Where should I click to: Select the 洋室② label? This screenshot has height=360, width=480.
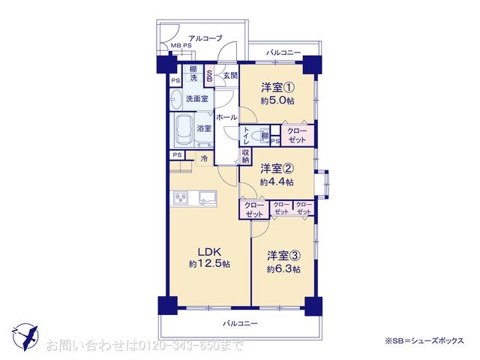277,169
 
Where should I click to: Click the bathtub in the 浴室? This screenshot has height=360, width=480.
184,129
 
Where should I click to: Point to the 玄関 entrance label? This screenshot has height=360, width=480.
229,76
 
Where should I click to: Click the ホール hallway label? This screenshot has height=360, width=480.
226,118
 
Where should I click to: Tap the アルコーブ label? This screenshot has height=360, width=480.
204,37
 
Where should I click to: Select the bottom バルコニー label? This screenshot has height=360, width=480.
240,323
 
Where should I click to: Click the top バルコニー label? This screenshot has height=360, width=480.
282,52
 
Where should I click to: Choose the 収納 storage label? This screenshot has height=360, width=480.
245,155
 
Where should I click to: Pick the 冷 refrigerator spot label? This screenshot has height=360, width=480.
204,157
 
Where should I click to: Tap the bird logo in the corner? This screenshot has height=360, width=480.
25,335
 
